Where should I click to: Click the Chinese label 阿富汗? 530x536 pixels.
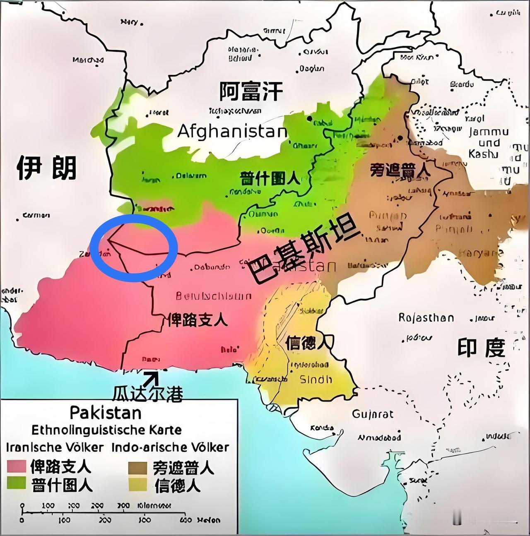point(251,91)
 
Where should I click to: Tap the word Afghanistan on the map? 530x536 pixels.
point(232,132)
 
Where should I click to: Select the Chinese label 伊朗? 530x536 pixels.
point(46,168)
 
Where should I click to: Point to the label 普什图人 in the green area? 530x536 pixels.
point(270,179)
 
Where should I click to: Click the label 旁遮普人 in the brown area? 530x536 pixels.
point(400,169)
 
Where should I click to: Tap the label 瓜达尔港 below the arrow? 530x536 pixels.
point(148,394)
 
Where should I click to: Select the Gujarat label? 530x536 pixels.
point(373,414)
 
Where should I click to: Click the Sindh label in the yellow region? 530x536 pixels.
point(316,379)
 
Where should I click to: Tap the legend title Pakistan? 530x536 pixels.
point(106,413)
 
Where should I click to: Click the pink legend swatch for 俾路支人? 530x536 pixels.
point(17,467)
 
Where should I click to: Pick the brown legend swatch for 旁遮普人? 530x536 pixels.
point(137,468)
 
